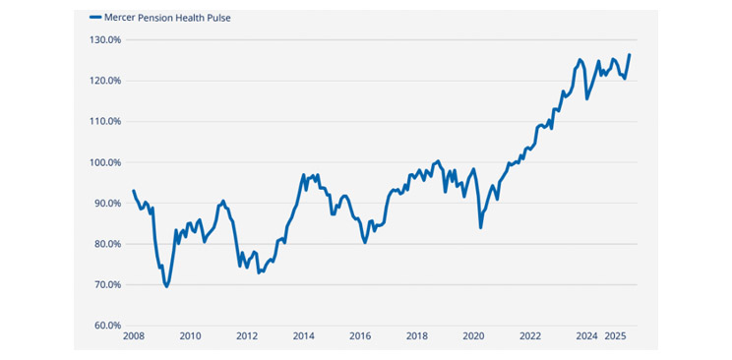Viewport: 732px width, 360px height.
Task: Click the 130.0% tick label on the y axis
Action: pos(105,40)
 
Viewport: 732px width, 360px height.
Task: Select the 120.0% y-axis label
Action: pos(105,81)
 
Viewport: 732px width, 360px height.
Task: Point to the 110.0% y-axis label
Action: pos(105,122)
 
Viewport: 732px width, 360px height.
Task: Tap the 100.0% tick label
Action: pos(105,162)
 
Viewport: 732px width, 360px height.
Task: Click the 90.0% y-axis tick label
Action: pos(107,204)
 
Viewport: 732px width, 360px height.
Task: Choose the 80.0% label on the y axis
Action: pos(107,244)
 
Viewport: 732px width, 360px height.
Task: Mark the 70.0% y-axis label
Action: pos(107,285)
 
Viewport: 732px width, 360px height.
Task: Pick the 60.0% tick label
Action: pos(107,326)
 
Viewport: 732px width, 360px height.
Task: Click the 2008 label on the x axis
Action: pos(133,336)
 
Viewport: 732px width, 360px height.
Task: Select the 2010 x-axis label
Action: pos(190,336)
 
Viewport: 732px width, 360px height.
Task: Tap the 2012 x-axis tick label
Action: pos(247,336)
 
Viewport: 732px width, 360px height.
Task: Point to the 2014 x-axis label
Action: pos(303,336)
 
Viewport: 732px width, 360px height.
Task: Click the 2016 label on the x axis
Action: pos(360,336)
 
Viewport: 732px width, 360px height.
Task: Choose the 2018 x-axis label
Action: pos(417,336)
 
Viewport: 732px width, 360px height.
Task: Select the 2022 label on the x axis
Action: pos(530,336)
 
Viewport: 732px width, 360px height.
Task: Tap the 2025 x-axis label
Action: pos(616,336)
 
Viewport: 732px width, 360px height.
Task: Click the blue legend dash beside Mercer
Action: pos(95,18)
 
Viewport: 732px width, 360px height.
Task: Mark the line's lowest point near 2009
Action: pos(166,286)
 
